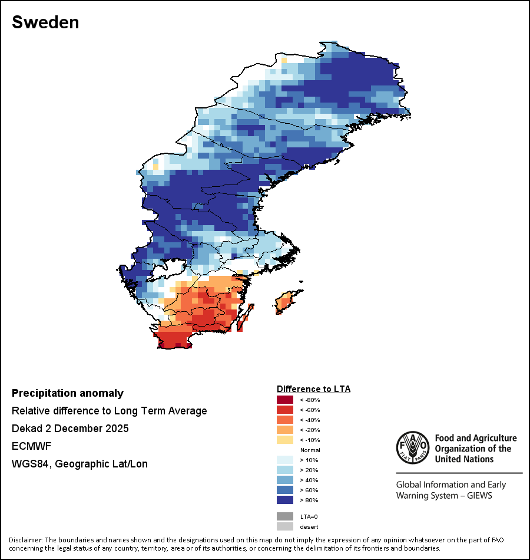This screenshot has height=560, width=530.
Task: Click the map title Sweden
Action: pos(45,22)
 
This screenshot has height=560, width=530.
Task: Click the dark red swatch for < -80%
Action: pos(286,400)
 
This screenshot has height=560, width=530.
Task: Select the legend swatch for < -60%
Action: pos(286,410)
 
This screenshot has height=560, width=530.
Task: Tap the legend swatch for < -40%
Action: pos(286,420)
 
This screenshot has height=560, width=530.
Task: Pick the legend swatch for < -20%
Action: pos(286,430)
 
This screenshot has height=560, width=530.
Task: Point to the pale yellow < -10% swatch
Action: pos(286,440)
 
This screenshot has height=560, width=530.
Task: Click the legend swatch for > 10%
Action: pos(286,460)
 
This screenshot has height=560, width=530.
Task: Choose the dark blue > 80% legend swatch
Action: pos(286,500)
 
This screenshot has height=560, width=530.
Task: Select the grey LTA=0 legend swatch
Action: pos(286,516)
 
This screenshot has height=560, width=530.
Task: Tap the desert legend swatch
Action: pos(286,526)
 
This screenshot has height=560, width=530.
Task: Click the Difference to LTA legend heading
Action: pos(313,389)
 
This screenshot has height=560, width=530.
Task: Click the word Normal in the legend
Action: pos(310,450)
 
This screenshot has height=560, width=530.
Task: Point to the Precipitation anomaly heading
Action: pos(68,393)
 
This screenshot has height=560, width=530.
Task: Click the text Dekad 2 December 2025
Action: pos(70,429)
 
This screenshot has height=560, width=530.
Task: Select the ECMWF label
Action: pos(29,446)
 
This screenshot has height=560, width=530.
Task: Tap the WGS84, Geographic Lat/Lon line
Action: pos(79,464)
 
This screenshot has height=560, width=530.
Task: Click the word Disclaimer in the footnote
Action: pos(25,540)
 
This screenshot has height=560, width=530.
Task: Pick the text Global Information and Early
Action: pos(450,485)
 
